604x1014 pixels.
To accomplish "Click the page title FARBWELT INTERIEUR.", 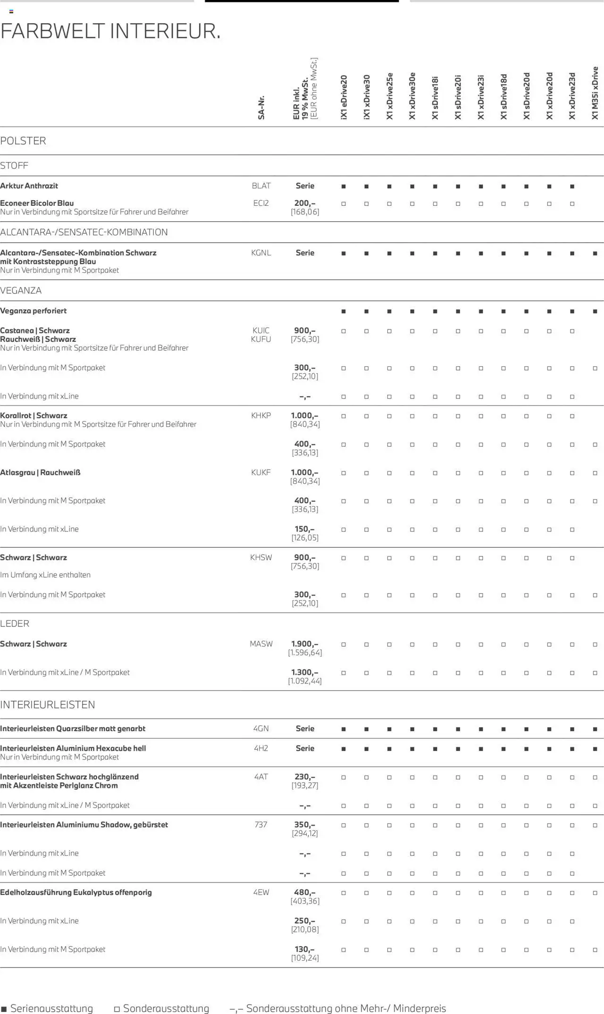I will coord(110,31).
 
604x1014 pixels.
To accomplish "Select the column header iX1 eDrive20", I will coord(344,97).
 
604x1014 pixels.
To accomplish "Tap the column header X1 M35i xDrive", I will coord(595,93).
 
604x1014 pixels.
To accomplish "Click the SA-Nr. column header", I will coord(261,108).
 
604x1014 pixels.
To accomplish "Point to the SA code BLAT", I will coord(261,186).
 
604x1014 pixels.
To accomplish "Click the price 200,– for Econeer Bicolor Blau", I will coord(305,203).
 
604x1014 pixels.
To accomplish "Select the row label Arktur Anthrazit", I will coord(29,186).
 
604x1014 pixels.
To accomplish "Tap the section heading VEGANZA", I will coord(21,291).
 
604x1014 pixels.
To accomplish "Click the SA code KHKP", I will coord(261,415).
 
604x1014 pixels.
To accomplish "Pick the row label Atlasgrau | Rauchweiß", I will coord(40,472).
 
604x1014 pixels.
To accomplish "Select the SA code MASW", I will coord(261,644).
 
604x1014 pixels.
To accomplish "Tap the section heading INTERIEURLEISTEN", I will coord(48,705).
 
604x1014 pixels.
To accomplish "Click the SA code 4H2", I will coord(261,748).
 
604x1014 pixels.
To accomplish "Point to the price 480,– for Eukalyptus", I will coord(305,892).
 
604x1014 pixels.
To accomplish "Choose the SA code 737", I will coord(261,825).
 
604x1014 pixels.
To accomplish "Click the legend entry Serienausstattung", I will coord(51,1008).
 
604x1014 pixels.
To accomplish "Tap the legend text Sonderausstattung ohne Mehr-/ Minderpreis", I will coord(346,1008).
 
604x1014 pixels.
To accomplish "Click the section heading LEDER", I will coord(15,624).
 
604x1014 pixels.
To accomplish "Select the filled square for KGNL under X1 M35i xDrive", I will coord(595,253).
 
